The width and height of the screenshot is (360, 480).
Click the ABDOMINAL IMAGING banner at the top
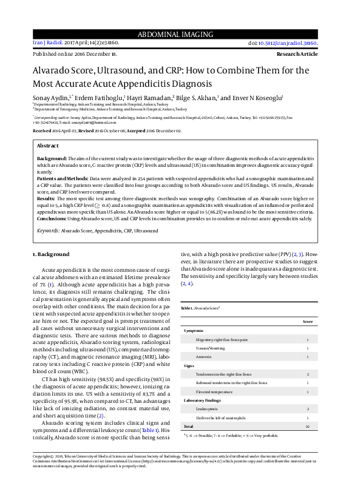click(x=180, y=33)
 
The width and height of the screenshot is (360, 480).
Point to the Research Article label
click(x=307, y=54)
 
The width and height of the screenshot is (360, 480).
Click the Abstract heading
click(x=48, y=146)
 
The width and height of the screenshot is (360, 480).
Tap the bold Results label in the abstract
click(x=46, y=198)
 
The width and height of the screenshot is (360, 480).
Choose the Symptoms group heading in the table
click(x=194, y=331)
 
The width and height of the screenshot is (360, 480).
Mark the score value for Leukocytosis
click(x=308, y=410)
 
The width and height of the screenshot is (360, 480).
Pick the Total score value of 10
click(x=308, y=427)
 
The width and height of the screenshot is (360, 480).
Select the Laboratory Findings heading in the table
click(x=203, y=401)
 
